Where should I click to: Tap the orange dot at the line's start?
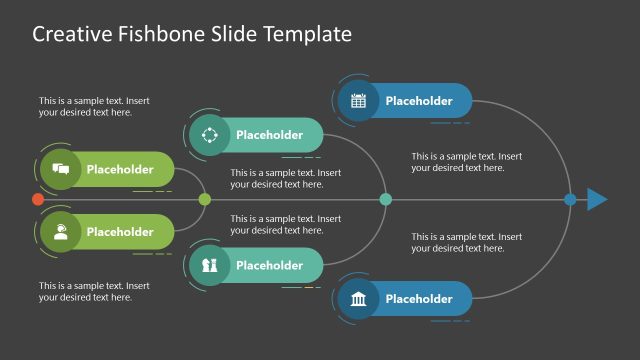[38, 200]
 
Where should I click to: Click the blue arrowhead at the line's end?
[597, 200]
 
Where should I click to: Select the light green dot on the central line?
[205, 200]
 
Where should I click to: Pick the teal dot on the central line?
[386, 200]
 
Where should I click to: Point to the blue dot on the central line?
[570, 200]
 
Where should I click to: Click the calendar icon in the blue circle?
[358, 101]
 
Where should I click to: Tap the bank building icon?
[358, 299]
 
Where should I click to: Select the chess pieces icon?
[209, 266]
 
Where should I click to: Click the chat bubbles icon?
[60, 170]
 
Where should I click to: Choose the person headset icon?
[60, 232]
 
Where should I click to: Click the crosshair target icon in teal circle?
[209, 135]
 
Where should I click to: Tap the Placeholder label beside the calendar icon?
[419, 101]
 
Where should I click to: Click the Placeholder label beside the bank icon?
[419, 299]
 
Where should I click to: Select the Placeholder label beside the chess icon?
[269, 266]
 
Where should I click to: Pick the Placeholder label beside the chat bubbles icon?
[120, 170]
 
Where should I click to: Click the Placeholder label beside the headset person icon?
[120, 232]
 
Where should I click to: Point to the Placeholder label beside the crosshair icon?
[269, 135]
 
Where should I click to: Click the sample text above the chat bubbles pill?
[94, 106]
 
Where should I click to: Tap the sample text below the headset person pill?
[94, 291]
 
